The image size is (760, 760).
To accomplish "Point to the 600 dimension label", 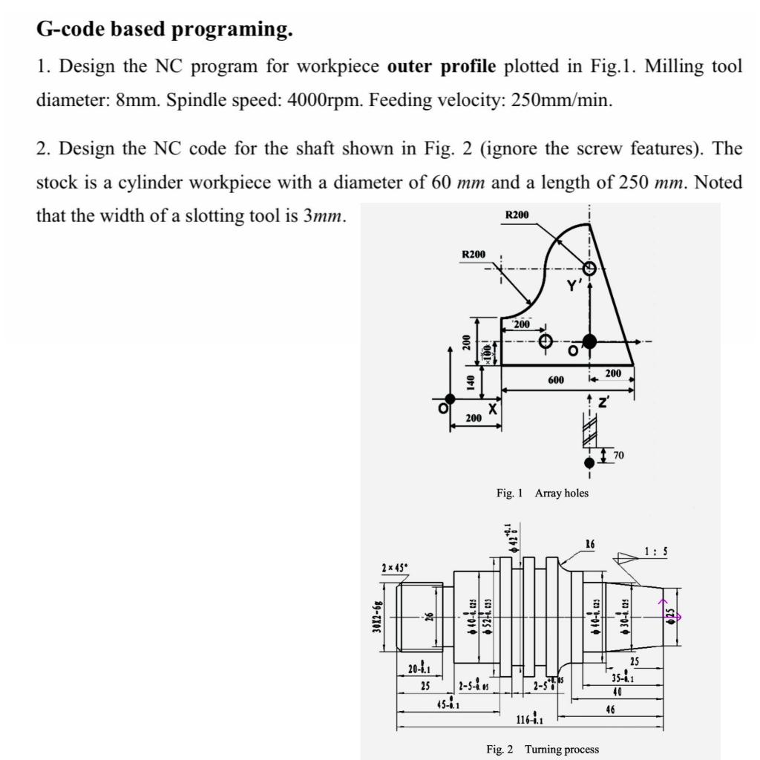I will coord(555,379).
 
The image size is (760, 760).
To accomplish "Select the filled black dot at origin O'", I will coord(589,341).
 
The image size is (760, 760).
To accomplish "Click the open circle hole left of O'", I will coord(546,341).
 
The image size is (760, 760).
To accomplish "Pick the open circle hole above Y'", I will coord(589,268).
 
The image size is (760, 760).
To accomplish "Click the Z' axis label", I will coord(603,403).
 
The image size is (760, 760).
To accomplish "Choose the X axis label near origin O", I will coord(491,409).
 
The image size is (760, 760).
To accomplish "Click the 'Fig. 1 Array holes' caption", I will coord(542,493).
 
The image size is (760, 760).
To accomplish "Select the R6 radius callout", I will coord(591,543).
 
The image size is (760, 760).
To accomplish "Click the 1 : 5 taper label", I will coord(657,551).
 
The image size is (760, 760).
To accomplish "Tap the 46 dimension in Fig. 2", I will coord(609,710).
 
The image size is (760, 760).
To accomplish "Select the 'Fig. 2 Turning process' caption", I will coord(542,750).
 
